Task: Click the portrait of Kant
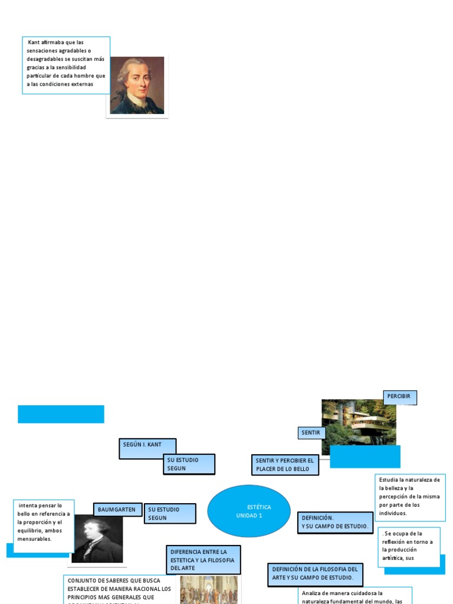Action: pyautogui.click(x=137, y=85)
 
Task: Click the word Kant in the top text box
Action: pyautogui.click(x=34, y=42)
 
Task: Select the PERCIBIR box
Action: pyautogui.click(x=399, y=397)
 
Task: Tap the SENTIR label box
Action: pyautogui.click(x=311, y=433)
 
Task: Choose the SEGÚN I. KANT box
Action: pyautogui.click(x=147, y=448)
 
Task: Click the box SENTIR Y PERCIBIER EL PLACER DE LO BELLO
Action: pyautogui.click(x=285, y=465)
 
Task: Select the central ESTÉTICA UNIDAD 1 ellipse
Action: pyautogui.click(x=249, y=511)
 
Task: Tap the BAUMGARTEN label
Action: pyautogui.click(x=117, y=510)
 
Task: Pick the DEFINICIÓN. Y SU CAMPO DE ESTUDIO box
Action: pyautogui.click(x=334, y=522)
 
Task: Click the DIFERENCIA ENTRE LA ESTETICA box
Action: pyautogui.click(x=203, y=559)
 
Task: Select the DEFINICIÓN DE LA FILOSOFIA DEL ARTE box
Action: pyautogui.click(x=315, y=573)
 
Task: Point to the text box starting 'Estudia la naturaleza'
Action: pyautogui.click(x=409, y=497)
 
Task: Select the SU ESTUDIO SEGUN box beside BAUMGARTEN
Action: pyautogui.click(x=170, y=513)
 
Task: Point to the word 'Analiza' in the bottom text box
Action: pyautogui.click(x=311, y=593)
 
